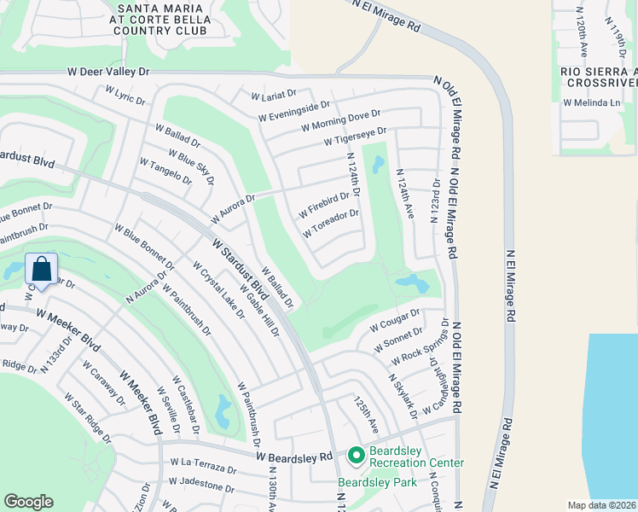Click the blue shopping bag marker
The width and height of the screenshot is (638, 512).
42,270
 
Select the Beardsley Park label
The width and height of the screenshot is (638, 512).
376,482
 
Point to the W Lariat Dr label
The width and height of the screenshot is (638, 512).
273,94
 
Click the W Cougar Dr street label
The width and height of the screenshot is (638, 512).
396,323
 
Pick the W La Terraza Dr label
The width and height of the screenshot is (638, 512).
202,465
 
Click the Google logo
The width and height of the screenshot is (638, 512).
28,502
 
